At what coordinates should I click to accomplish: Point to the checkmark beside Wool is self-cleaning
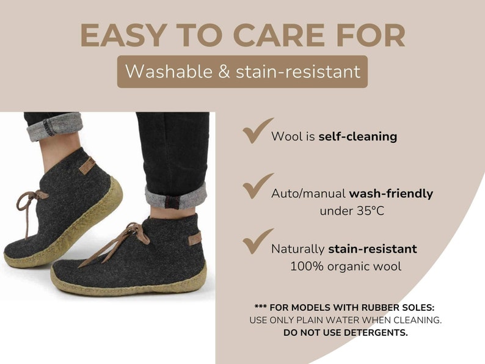coord(257,131)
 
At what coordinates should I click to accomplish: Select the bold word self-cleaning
coord(357,137)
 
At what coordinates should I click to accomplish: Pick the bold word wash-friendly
coord(390,194)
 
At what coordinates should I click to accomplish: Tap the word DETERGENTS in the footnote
coord(376,333)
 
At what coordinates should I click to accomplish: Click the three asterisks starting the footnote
coord(261,307)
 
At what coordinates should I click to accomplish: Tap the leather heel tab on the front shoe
coord(194,238)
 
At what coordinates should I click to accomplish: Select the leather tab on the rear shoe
coord(86,166)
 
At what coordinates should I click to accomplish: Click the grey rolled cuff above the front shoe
coord(175,197)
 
